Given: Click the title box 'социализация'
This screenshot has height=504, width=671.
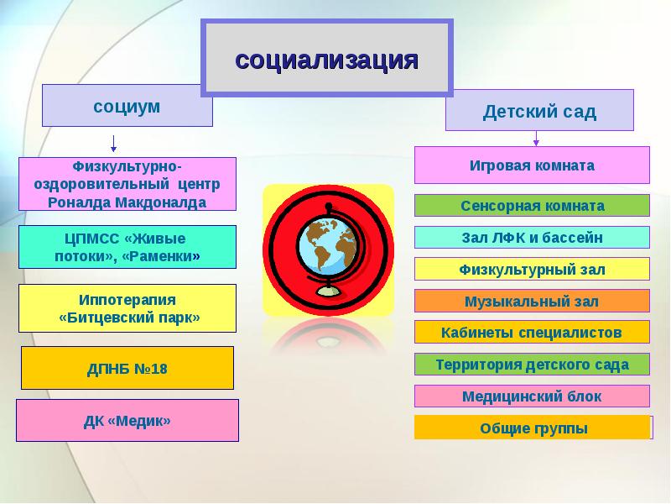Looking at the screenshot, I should (326, 59).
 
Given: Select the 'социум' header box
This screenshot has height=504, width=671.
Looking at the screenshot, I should (127, 106).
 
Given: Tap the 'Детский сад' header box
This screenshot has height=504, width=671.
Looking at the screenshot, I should (539, 111).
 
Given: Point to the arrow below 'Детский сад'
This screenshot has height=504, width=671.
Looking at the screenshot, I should (534, 139).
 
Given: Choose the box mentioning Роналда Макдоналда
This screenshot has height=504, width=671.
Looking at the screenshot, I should (127, 183).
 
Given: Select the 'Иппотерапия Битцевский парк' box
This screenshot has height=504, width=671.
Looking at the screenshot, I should (127, 308).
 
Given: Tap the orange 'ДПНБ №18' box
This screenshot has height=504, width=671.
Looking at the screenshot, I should (127, 369).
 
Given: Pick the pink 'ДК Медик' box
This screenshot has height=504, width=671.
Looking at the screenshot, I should (127, 420).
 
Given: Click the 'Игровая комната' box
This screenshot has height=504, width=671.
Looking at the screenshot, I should (532, 165).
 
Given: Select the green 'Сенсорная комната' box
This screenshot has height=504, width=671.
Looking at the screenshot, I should (532, 206).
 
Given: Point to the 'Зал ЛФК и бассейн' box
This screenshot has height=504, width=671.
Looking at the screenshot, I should (532, 238).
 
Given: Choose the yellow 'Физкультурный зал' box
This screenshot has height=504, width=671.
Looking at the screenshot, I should (532, 270).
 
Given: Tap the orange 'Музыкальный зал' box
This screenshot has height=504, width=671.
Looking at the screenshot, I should (532, 301).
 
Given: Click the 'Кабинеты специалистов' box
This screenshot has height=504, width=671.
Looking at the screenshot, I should (532, 332).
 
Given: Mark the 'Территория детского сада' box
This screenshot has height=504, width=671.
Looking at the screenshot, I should (532, 365).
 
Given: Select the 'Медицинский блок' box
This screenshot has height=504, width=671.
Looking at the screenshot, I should (532, 396).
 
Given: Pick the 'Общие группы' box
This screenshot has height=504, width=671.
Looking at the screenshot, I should (532, 428).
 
